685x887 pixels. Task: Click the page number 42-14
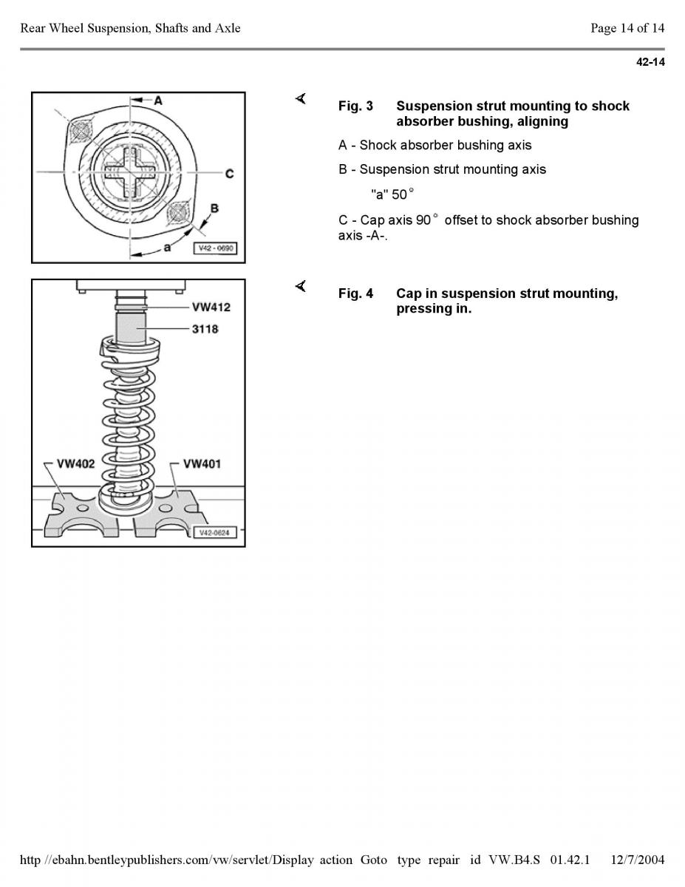coord(650,62)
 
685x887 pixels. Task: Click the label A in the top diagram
coord(157,100)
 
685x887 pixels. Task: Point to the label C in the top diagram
coord(230,174)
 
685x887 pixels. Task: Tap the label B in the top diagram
coord(214,209)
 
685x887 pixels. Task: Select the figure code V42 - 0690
coord(215,248)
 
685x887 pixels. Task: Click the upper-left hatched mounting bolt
coord(80,132)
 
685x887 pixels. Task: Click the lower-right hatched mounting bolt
coord(179,214)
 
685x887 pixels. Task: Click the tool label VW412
coord(211,307)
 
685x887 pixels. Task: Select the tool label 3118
coord(205,329)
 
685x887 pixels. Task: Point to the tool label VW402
coord(76,464)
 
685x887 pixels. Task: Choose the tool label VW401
coord(202,464)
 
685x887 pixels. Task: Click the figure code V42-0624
coord(214,532)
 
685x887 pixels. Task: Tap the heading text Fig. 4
coord(355,294)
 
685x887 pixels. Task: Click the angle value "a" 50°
coord(392,194)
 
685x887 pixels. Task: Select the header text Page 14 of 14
coord(627,28)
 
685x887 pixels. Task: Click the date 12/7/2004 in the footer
coord(638,860)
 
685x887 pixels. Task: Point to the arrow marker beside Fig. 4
coord(300,287)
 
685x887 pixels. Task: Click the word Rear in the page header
coord(33,28)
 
